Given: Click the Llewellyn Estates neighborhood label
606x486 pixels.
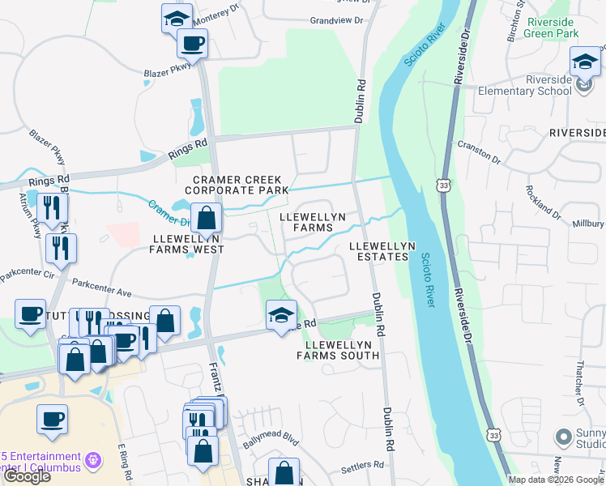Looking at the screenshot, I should tap(382, 251).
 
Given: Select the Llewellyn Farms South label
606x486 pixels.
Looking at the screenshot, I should tap(342, 350).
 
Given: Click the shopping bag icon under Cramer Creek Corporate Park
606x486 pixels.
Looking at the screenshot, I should tap(207, 217).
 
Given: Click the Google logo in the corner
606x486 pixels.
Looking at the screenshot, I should tap(27, 476).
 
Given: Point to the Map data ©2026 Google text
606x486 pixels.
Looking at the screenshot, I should tap(556, 480).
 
